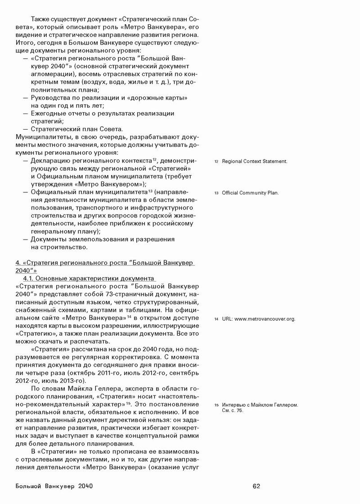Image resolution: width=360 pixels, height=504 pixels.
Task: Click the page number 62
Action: [256, 486]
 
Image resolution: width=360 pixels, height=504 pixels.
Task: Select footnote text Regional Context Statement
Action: [254, 161]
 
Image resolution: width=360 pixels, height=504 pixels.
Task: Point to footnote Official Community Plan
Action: [250, 193]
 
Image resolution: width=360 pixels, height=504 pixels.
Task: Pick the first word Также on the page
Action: [41, 19]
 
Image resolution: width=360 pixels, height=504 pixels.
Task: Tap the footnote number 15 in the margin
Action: [216, 405]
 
